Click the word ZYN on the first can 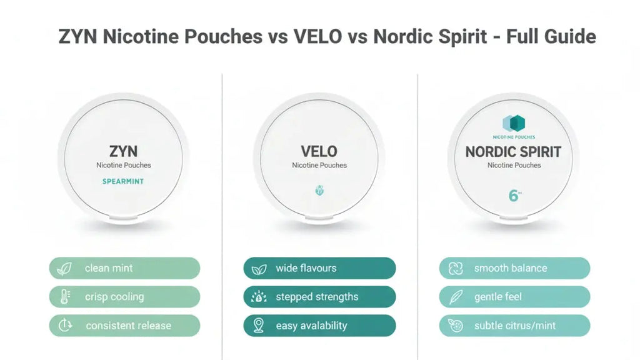[123, 151]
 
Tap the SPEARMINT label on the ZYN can [123, 181]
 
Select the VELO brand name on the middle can [319, 151]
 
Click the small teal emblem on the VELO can [319, 191]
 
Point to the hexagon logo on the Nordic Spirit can [514, 123]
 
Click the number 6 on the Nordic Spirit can [513, 195]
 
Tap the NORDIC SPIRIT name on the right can [513, 152]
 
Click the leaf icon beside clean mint [64, 269]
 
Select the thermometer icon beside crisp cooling [64, 297]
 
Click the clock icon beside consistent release [64, 326]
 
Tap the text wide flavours [306, 268]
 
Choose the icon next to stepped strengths [259, 297]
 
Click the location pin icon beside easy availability [259, 326]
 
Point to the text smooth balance [510, 268]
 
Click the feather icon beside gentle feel [454, 297]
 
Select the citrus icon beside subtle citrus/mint [454, 326]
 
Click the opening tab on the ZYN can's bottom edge [123, 219]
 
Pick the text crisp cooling [114, 297]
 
